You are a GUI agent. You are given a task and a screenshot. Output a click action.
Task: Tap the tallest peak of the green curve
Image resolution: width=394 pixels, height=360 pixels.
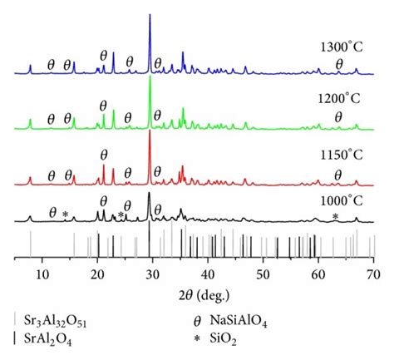pyautogui.click(x=150, y=77)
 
